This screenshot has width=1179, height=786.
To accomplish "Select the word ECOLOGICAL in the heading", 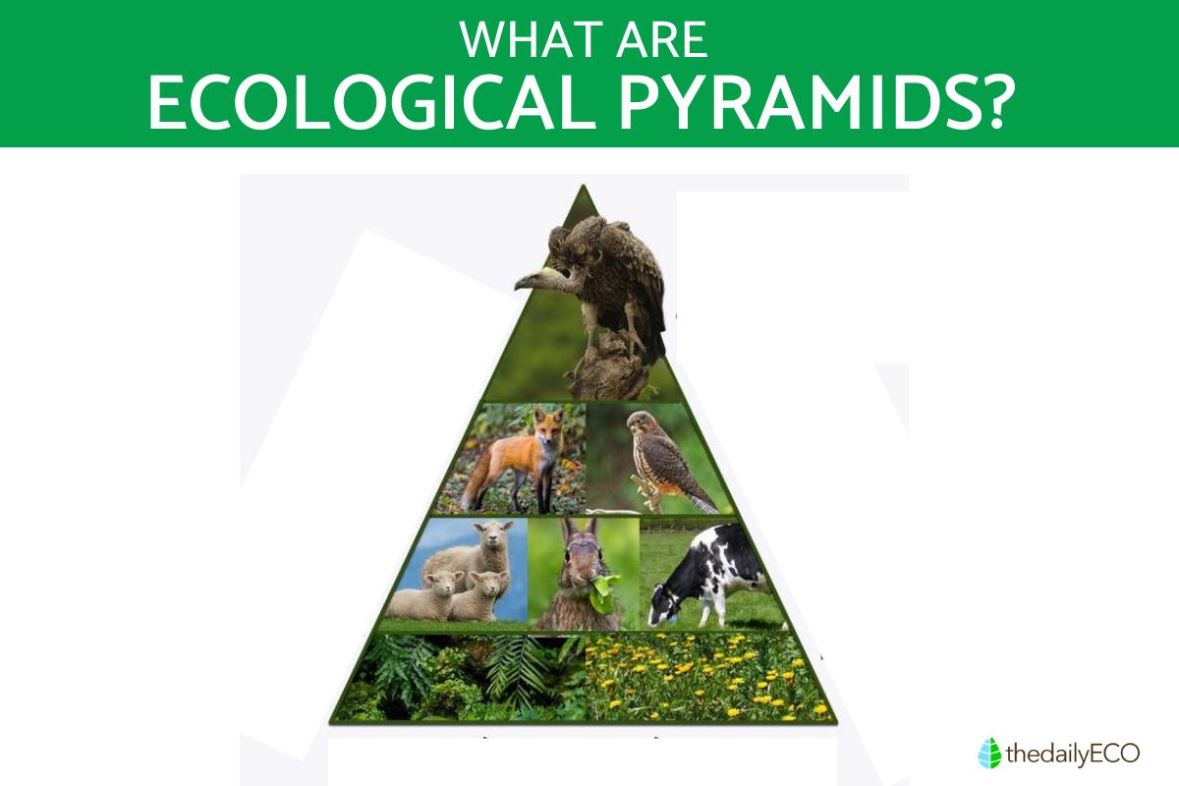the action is (x=372, y=103).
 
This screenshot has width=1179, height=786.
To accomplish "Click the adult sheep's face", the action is (x=492, y=540).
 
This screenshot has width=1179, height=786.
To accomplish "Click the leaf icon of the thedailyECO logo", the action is (x=989, y=753).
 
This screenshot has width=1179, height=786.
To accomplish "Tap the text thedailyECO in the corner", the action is (x=1073, y=754).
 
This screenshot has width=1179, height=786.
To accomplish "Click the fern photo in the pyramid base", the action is (x=461, y=678).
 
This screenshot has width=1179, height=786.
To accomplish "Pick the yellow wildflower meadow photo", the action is (x=708, y=678).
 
